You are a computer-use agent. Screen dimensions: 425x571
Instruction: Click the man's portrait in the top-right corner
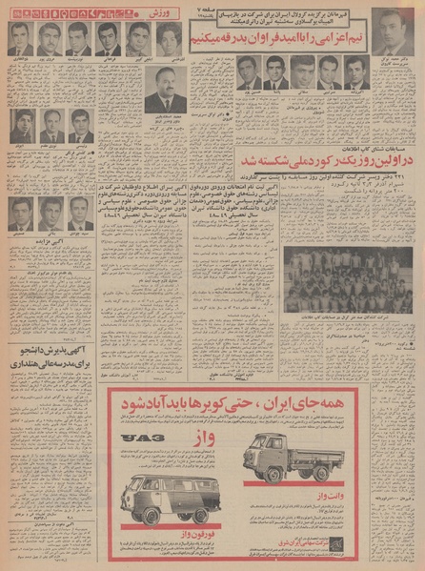tap(390, 31)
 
